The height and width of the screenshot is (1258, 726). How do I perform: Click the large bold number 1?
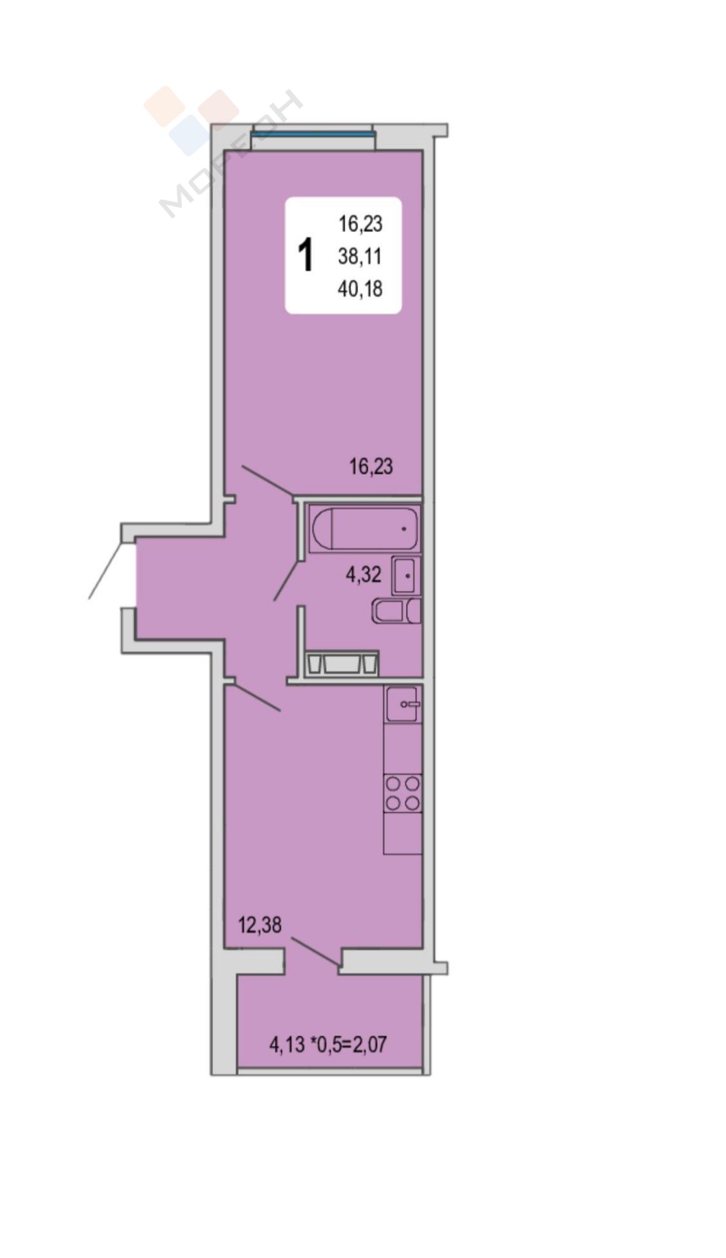pos(307,255)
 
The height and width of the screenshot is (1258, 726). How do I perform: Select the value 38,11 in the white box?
pos(360,256)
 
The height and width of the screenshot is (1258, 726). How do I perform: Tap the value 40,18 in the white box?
pos(360,289)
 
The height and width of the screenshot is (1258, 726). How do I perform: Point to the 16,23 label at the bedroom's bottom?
pos(371,466)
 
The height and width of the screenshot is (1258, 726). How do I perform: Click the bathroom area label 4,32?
pos(364,575)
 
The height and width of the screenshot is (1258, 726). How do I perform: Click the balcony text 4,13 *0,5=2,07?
pos(327,1045)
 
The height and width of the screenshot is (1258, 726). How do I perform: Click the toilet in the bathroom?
pos(396,611)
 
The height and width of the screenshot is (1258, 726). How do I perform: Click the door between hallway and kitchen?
pos(256,696)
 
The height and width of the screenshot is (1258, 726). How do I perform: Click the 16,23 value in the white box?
pos(360,224)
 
